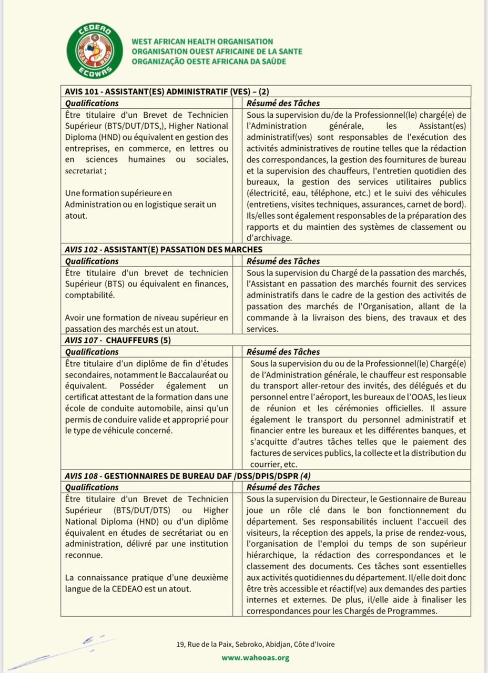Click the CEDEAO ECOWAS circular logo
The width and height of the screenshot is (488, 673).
95,51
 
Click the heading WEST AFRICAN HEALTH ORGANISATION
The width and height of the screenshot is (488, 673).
202,42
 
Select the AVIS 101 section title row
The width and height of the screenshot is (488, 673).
167,91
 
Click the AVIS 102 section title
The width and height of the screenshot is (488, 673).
164,249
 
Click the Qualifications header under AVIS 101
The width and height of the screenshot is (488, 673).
91,104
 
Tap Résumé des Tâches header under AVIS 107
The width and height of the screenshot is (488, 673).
283,352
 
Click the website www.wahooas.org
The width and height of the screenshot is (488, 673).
256,658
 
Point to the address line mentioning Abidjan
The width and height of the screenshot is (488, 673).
255,644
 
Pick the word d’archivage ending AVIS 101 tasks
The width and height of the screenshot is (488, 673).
271,238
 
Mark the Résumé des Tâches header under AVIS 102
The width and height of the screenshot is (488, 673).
283,261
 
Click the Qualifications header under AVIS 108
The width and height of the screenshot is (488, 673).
91,487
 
